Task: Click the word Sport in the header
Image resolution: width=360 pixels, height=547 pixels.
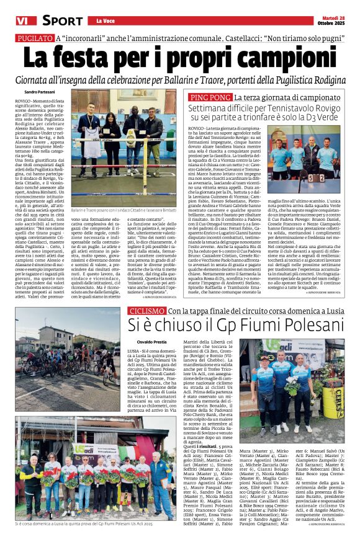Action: [x=62, y=20]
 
